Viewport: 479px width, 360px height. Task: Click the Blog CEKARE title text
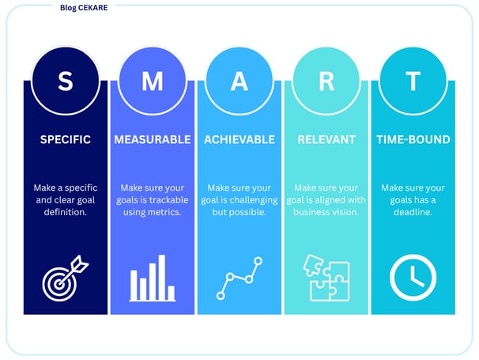click(x=84, y=8)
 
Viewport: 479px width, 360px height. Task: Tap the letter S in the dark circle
click(x=66, y=81)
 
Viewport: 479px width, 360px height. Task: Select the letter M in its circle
click(x=153, y=81)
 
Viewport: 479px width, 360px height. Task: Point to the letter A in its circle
click(x=239, y=81)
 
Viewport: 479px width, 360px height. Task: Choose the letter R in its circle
click(x=326, y=81)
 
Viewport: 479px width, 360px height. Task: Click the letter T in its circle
click(x=413, y=81)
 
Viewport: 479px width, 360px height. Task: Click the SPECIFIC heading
click(x=66, y=139)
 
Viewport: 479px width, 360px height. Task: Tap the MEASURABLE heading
click(x=153, y=139)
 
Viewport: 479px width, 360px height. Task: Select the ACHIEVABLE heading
click(x=239, y=139)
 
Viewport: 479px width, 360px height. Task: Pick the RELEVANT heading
click(x=326, y=139)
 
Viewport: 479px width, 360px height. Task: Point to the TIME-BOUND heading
click(x=413, y=139)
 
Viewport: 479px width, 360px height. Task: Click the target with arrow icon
click(x=65, y=278)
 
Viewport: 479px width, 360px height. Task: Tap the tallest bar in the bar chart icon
click(x=162, y=278)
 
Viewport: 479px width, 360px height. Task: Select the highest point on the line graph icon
click(x=258, y=261)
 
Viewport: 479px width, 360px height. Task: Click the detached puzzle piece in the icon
click(x=313, y=265)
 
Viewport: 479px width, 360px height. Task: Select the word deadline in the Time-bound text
click(x=413, y=212)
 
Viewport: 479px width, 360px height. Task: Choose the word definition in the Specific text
click(x=66, y=212)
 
